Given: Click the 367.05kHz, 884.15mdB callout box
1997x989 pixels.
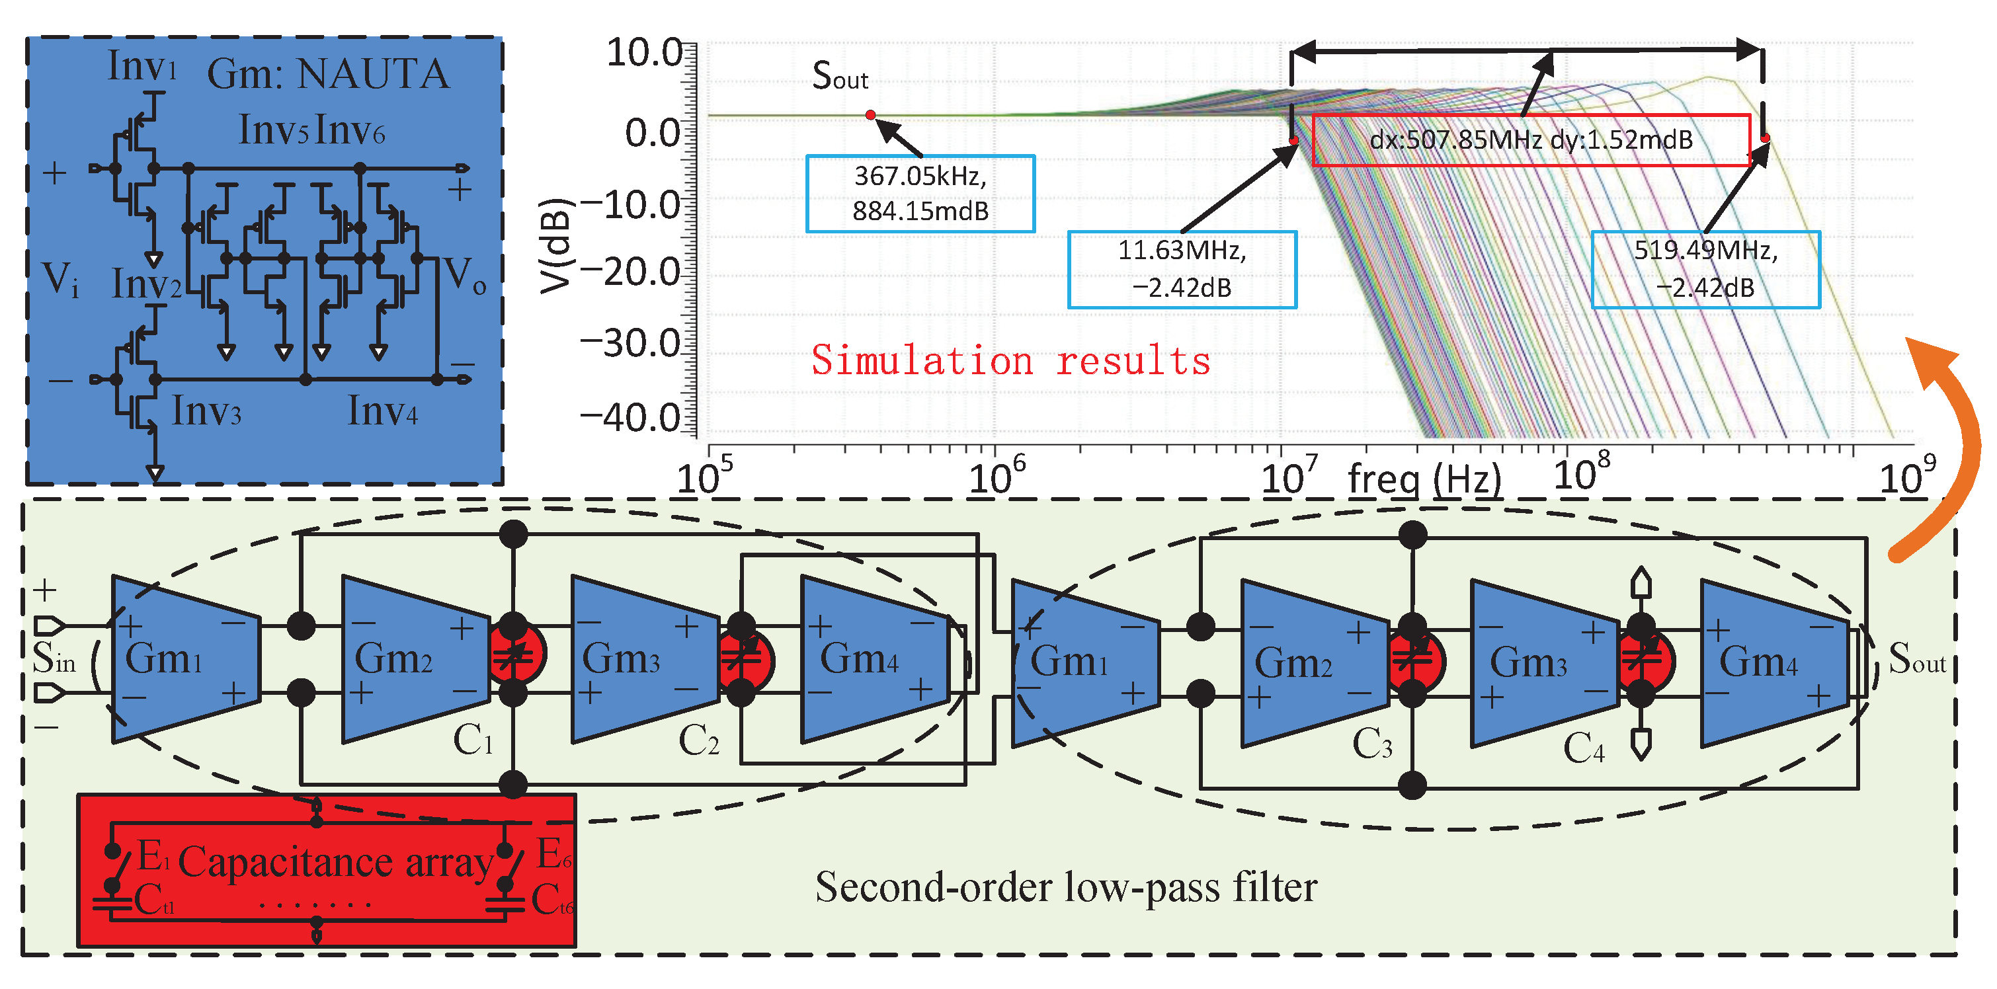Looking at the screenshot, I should (920, 194).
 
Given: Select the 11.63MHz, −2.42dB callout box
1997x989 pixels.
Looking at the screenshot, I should (1182, 270).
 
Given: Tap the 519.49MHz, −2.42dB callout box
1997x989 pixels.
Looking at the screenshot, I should (1705, 270).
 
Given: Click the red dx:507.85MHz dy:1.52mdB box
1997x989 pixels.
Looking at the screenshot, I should (1531, 140).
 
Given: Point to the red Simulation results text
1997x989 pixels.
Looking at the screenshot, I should (1010, 360).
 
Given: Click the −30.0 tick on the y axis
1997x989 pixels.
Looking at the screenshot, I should (631, 343).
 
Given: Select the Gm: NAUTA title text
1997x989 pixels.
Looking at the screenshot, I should (328, 75).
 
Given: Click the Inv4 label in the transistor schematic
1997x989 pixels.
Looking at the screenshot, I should (382, 411).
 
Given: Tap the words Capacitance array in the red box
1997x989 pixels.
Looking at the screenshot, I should (335, 862).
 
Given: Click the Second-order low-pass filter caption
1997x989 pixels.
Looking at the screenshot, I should (1066, 887).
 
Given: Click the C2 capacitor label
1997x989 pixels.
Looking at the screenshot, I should (698, 740).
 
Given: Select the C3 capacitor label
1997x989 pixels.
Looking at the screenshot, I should (1371, 745).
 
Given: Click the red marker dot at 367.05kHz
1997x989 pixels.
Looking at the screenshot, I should (871, 115).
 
